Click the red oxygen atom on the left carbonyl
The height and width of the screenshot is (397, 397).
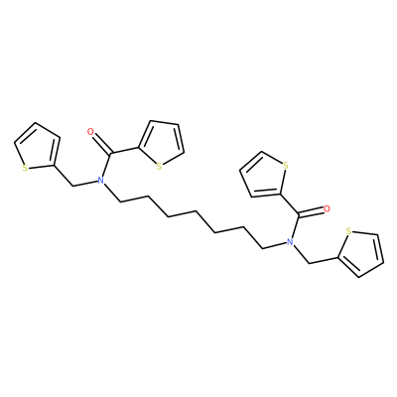(x=90, y=132)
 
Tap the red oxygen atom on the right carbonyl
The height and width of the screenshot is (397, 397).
(x=327, y=208)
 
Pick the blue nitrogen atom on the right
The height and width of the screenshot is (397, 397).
(x=290, y=242)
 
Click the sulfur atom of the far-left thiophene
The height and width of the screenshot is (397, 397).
(x=25, y=168)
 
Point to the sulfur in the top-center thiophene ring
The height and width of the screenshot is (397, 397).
(x=159, y=166)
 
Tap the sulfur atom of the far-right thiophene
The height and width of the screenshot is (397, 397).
(x=347, y=230)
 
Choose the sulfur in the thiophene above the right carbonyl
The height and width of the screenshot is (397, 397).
(x=286, y=165)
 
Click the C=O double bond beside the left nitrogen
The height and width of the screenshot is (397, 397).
(x=101, y=143)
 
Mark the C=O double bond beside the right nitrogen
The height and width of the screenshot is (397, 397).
(x=312, y=212)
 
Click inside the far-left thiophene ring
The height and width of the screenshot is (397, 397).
(x=38, y=148)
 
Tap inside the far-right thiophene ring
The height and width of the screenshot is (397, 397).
(x=361, y=254)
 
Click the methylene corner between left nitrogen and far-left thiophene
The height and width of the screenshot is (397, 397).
(x=72, y=186)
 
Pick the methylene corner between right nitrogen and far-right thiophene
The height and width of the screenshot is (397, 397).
(x=309, y=263)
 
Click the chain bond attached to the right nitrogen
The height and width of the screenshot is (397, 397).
(x=274, y=245)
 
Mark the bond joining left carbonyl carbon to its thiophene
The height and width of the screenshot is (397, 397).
(x=126, y=151)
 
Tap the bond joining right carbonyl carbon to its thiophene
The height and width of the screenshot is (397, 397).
(x=290, y=204)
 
